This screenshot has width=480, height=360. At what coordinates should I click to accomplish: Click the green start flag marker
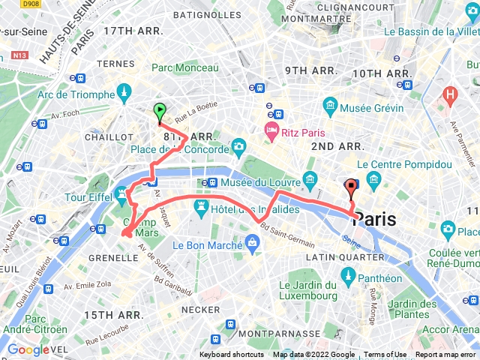(x=160, y=112)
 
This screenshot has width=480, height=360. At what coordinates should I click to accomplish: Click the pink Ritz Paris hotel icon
(x=271, y=133)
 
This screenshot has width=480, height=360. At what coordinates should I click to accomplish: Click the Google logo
(x=28, y=349)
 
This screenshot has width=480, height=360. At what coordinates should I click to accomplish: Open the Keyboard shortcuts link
(x=231, y=355)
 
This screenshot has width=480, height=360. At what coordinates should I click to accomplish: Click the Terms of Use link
(x=385, y=355)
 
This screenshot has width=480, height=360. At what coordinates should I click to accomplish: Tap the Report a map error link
(x=445, y=355)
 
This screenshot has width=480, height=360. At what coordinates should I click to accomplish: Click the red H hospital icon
(x=450, y=95)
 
